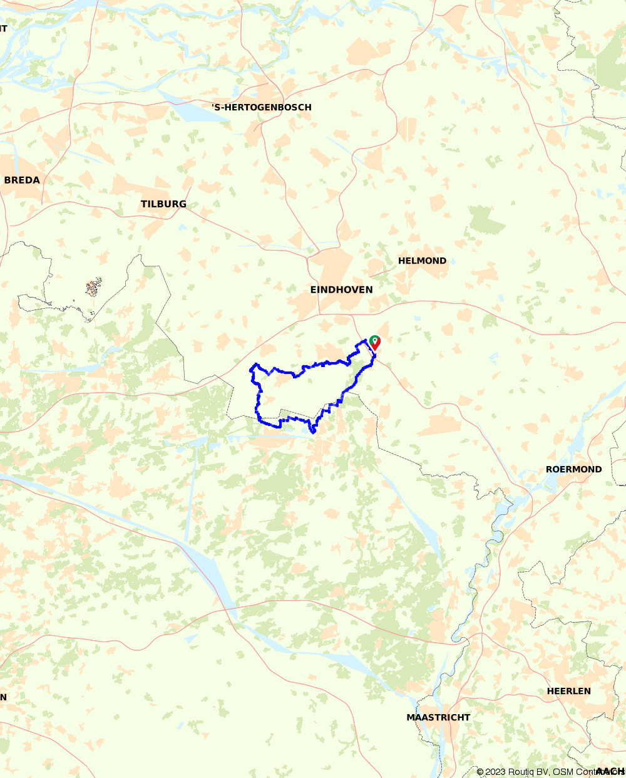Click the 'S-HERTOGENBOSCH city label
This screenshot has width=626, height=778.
click(x=261, y=107)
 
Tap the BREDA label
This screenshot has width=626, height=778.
click(x=22, y=180)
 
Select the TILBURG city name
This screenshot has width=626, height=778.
click(x=163, y=204)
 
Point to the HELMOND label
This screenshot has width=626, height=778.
click(x=422, y=261)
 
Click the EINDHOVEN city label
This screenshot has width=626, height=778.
click(x=341, y=289)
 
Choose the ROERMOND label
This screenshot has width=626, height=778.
click(x=573, y=469)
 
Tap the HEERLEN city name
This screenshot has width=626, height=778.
click(x=568, y=691)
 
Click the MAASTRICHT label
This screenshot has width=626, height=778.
click(x=438, y=717)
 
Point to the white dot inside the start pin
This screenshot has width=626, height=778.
click(x=374, y=340)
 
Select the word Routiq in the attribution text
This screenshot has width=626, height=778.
click(x=523, y=772)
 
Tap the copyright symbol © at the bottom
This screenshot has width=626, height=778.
click(x=480, y=772)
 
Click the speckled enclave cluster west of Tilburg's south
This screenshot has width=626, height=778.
click(x=94, y=288)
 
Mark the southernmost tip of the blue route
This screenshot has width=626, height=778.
click(x=312, y=432)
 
